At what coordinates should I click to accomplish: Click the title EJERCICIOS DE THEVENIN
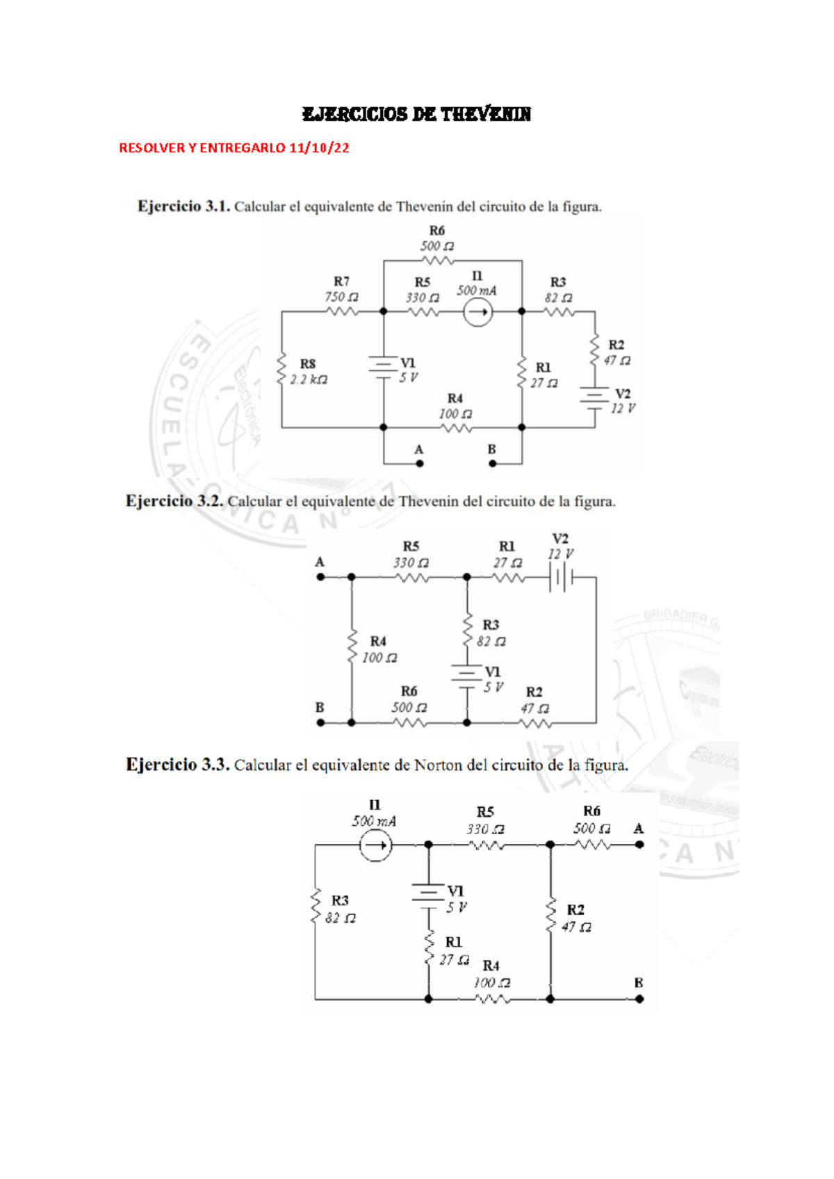point(416,115)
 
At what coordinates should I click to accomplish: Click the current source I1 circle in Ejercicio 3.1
point(477,312)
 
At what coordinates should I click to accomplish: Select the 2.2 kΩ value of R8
point(309,380)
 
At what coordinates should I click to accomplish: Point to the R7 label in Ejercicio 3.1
point(341,282)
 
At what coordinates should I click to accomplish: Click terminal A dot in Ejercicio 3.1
point(420,463)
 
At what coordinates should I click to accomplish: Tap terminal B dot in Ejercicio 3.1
point(492,463)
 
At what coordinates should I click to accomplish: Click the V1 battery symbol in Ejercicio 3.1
point(383,368)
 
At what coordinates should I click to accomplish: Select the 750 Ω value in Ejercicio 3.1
point(341,297)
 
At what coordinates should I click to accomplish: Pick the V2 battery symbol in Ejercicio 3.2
point(561,577)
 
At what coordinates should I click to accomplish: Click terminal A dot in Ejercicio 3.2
point(320,577)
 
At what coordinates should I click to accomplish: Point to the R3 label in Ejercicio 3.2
point(491,625)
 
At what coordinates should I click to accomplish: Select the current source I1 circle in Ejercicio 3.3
point(375,845)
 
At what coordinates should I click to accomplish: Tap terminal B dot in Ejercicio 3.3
point(639,999)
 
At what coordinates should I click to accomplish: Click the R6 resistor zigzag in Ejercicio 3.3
point(593,845)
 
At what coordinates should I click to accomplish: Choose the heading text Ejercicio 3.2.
point(174,501)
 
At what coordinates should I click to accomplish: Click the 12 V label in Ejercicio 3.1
point(623,409)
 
